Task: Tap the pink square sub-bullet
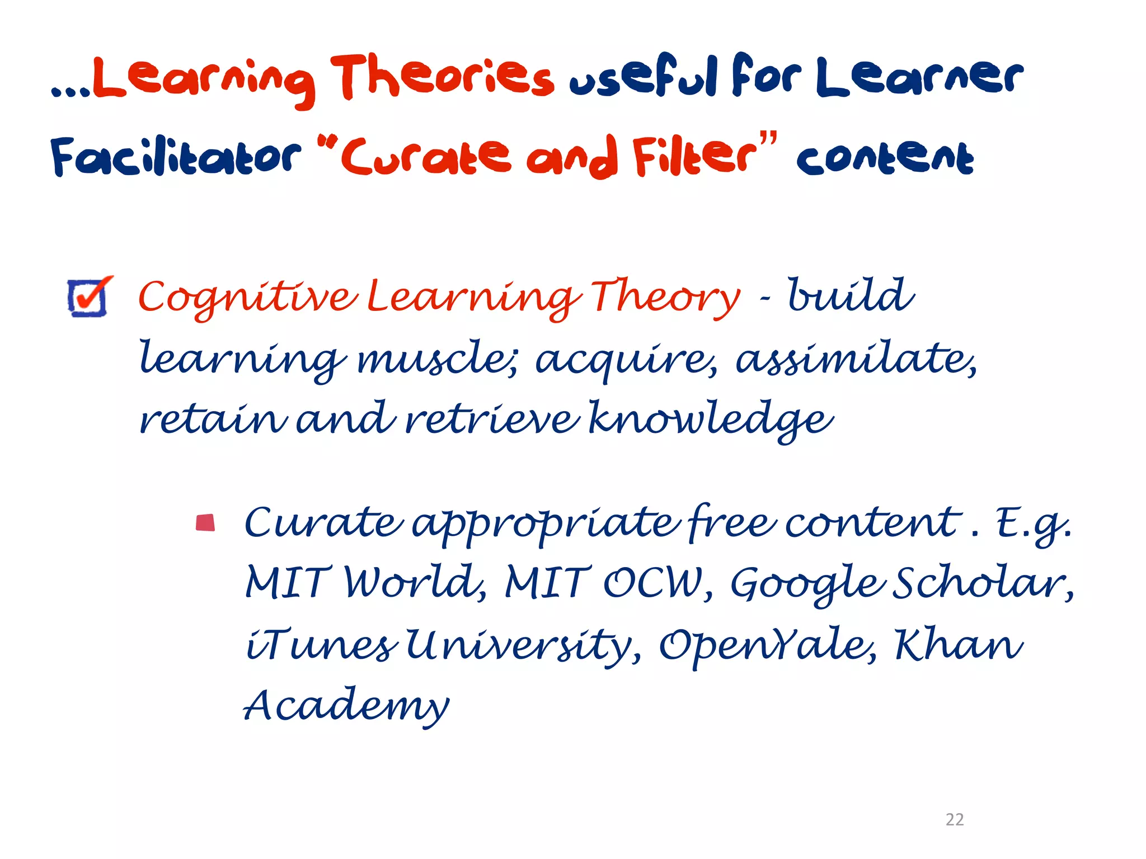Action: [205, 522]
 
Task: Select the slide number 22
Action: [954, 819]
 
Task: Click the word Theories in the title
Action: [442, 78]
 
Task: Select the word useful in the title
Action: [643, 78]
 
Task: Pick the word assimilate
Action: [856, 358]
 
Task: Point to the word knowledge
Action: [711, 419]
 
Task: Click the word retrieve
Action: [492, 419]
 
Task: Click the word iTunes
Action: [322, 645]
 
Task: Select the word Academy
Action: [347, 706]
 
